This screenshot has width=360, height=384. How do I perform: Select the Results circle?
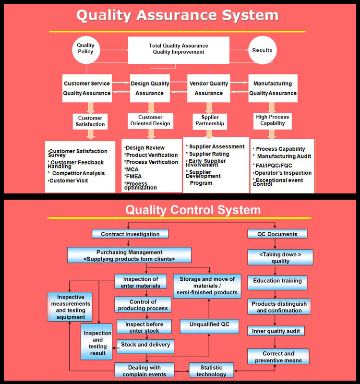(x=262, y=50)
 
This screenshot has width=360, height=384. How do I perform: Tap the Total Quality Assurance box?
(x=178, y=49)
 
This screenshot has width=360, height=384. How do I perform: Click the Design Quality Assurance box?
(x=150, y=88)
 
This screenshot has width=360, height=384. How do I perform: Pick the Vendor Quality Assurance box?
(x=208, y=88)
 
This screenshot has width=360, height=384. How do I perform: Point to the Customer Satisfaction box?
(x=90, y=121)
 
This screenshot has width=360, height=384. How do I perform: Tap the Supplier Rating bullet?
(x=208, y=154)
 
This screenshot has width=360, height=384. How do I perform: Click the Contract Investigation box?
(x=130, y=234)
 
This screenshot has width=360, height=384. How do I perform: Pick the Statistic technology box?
(x=211, y=370)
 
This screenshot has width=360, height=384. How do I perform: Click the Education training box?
(x=277, y=280)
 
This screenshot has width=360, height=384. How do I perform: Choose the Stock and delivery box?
(x=144, y=344)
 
